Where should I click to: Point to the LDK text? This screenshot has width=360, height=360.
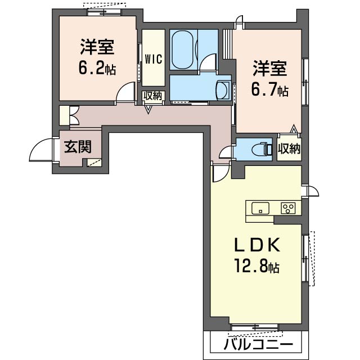click(256, 246)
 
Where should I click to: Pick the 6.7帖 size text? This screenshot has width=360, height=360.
click(269, 89)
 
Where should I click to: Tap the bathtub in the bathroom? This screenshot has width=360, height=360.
click(183, 49)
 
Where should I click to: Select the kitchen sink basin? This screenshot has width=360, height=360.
click(260, 208)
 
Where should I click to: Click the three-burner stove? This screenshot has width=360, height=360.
click(289, 208)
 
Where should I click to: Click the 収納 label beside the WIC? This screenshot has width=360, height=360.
click(152, 96)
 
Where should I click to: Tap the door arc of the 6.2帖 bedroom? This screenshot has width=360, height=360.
click(125, 93)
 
